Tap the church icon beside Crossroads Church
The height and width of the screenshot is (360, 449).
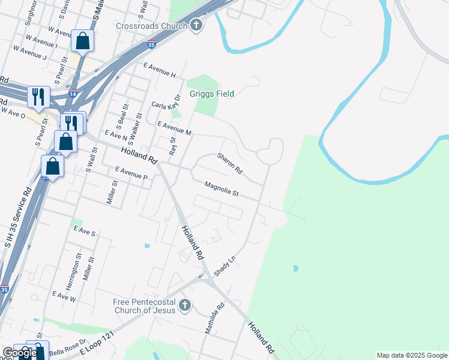(x=196, y=25)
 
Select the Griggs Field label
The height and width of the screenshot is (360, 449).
(x=211, y=94)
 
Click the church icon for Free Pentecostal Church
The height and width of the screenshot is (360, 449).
(x=185, y=305)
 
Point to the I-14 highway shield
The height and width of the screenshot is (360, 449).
(x=72, y=94)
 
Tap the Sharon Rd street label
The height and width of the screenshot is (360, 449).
(x=230, y=163)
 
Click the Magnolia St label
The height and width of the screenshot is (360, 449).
(x=221, y=190)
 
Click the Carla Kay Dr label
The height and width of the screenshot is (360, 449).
(x=166, y=103)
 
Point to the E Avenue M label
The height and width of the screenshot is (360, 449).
(x=174, y=128)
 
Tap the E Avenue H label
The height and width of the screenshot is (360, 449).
(x=159, y=71)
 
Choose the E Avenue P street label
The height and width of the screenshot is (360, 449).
(x=127, y=174)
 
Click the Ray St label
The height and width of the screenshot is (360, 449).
(x=172, y=146)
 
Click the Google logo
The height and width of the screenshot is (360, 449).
(x=19, y=353)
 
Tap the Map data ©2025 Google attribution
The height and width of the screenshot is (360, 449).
(x=412, y=356)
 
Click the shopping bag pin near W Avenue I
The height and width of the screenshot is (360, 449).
(x=82, y=41)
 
